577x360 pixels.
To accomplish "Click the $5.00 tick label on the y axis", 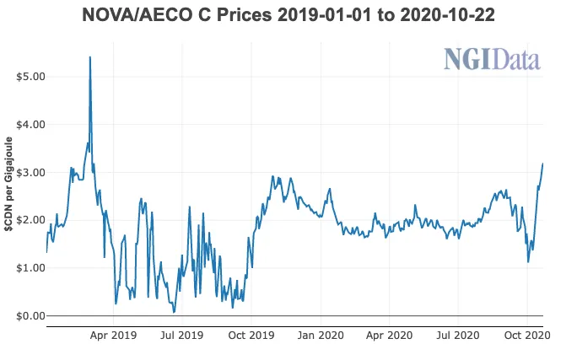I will pos(30,77).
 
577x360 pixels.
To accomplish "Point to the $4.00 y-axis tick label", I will pos(30,125).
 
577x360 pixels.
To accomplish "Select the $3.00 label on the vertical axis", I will pos(30,173).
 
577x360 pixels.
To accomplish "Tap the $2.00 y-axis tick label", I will pos(30,220).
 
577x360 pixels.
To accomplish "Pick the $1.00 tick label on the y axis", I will pos(30,268).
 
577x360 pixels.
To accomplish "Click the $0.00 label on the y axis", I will pos(30,316).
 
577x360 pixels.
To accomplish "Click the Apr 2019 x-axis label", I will pos(112,336).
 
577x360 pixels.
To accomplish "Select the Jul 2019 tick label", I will pos(181,336).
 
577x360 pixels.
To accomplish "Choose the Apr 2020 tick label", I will pos(391,336).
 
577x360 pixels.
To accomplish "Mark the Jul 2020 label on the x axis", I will pos(460,336).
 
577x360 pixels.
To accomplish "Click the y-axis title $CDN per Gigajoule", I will pos(8,196).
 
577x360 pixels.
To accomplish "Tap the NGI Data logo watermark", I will pos(492,60).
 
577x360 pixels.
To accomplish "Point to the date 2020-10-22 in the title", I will pos(453,16).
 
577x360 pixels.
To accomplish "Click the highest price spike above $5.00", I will pos(90,57).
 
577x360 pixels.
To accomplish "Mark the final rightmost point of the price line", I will pos(542,164).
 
